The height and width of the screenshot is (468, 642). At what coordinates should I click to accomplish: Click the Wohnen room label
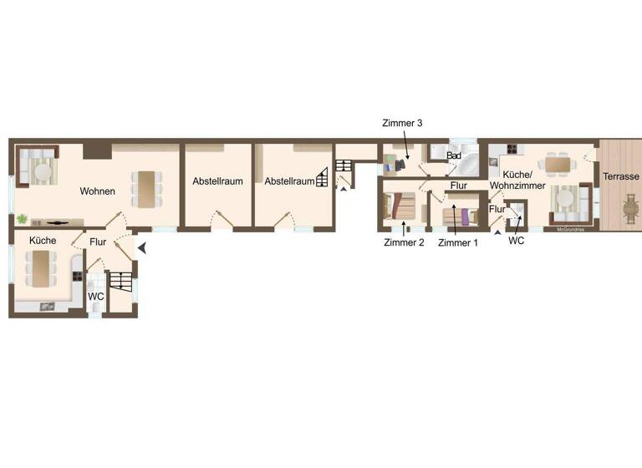pyautogui.click(x=98, y=191)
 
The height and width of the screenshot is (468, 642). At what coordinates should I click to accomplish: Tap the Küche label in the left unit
pyautogui.click(x=43, y=240)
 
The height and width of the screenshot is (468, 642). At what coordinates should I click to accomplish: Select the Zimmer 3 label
pyautogui.click(x=403, y=123)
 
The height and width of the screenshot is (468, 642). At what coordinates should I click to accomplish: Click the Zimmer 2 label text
pyautogui.click(x=404, y=242)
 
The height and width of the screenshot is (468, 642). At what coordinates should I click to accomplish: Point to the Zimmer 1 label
pyautogui.click(x=458, y=242)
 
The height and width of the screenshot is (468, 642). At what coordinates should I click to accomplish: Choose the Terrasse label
pyautogui.click(x=620, y=177)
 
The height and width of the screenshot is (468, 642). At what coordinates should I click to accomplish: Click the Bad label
pyautogui.click(x=454, y=156)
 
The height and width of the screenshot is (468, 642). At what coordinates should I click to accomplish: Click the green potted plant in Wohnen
pyautogui.click(x=22, y=219)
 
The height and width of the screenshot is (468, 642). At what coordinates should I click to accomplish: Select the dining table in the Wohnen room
pyautogui.click(x=146, y=188)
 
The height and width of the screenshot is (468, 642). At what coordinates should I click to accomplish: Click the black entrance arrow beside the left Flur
pyautogui.click(x=142, y=247)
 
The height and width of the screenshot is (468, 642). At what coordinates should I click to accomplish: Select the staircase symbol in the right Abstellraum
pyautogui.click(x=322, y=179)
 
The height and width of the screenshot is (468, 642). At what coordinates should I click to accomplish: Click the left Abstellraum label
pyautogui.click(x=217, y=181)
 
